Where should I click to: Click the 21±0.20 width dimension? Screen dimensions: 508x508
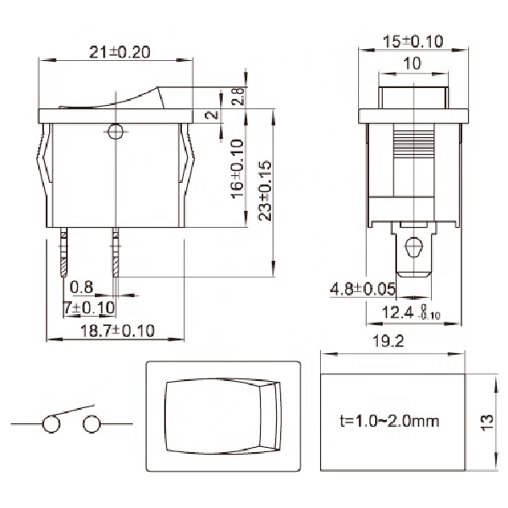point(119,52)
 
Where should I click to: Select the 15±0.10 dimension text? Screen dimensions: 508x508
point(412,41)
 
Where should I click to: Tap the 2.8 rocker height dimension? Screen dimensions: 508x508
point(239,96)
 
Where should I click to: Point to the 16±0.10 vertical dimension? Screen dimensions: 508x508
point(237,168)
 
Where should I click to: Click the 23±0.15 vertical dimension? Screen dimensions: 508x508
point(265,190)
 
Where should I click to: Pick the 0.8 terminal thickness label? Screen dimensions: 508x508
point(81,287)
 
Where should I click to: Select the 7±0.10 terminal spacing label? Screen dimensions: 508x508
point(90,307)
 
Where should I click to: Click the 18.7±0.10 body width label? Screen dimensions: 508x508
point(118,331)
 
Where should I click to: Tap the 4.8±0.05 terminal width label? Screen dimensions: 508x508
point(362,289)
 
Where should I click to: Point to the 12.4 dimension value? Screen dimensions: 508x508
point(398,312)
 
